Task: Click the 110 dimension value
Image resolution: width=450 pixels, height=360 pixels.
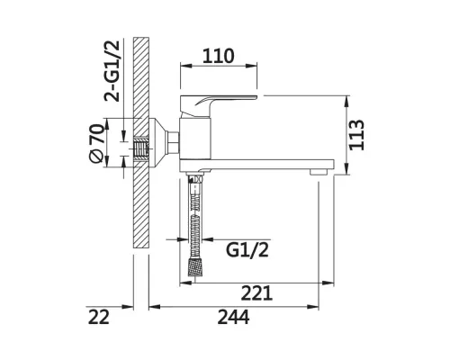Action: click(218, 56)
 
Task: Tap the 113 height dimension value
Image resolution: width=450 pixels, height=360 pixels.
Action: click(356, 135)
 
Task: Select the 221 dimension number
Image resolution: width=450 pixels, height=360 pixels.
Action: click(256, 293)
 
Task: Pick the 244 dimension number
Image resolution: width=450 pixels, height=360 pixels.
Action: click(233, 317)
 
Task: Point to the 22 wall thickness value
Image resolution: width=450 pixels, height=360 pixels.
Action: click(98, 317)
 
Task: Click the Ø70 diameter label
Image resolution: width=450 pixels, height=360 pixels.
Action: click(97, 143)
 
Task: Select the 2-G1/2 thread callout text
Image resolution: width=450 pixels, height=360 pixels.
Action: click(112, 71)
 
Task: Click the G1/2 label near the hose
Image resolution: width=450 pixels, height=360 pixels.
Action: click(247, 250)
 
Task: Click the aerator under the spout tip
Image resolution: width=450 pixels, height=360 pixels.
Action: click(319, 172)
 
